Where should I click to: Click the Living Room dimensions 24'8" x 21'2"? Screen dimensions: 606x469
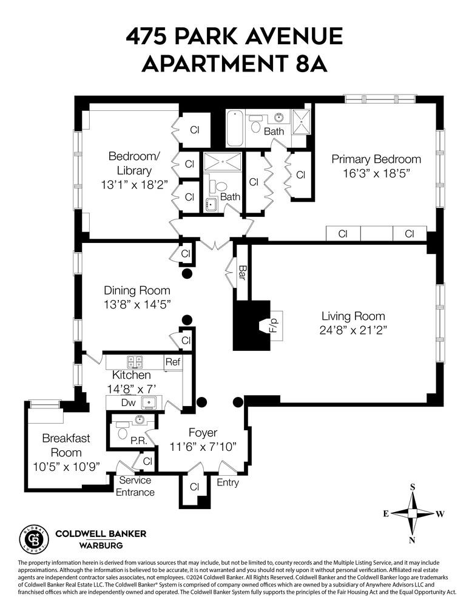[x=354, y=330]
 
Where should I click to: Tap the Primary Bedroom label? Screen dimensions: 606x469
[x=376, y=159]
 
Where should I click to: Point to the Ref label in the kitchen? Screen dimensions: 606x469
[x=172, y=362]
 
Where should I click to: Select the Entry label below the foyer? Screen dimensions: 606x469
[x=228, y=483]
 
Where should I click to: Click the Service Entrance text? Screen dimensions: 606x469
[x=135, y=486]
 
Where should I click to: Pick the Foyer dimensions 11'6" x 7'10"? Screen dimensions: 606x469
[x=203, y=448]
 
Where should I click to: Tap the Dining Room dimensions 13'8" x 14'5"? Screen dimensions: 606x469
[x=137, y=305]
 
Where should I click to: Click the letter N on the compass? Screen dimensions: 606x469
[x=412, y=540]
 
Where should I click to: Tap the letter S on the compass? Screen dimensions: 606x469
[x=412, y=486]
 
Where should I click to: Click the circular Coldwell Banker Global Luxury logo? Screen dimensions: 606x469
[x=33, y=539]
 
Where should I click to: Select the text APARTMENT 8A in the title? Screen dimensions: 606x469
[x=234, y=64]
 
